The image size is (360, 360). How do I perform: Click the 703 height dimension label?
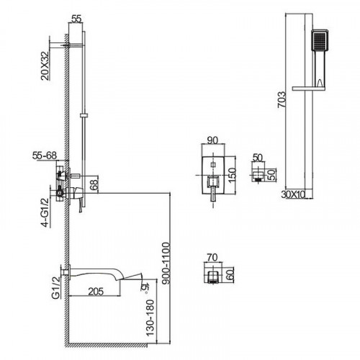282,99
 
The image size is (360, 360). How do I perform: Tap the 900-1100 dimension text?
166,264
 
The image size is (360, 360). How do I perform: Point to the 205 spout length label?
96,292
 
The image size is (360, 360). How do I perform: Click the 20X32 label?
45,66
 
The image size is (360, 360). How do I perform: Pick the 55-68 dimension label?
45,156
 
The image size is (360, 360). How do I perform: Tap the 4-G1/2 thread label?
45,212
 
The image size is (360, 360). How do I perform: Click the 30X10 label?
293,194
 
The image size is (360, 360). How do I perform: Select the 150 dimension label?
232,176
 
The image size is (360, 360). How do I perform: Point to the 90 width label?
212,140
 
